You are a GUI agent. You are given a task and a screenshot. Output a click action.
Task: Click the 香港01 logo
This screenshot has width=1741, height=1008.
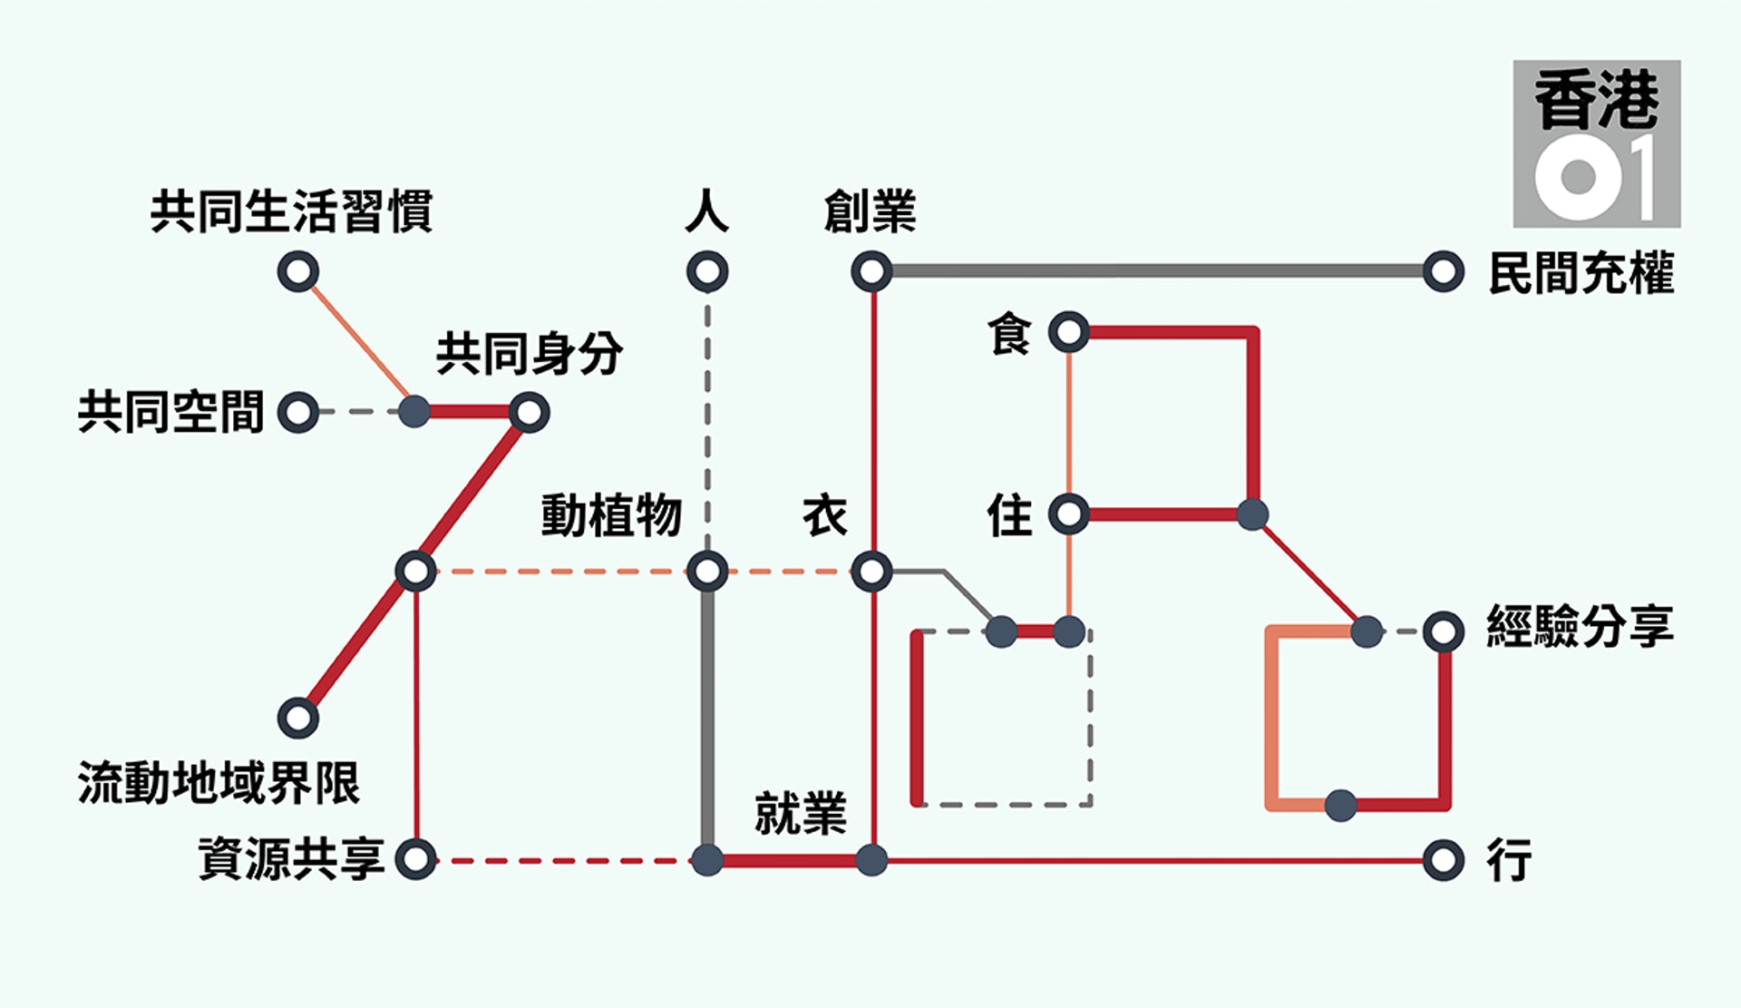click(x=1596, y=143)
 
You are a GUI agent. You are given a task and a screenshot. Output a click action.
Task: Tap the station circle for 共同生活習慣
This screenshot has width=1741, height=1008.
click(x=298, y=271)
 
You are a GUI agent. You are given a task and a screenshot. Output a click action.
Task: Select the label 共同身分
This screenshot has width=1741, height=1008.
click(x=530, y=353)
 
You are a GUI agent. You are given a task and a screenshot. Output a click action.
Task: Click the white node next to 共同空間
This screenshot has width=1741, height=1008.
click(x=298, y=412)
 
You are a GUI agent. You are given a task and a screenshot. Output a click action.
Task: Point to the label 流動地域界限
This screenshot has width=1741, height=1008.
click(x=219, y=782)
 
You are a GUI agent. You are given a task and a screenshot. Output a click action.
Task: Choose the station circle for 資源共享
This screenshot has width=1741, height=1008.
click(x=415, y=859)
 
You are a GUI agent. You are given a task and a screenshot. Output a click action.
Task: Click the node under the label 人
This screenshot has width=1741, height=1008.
click(x=707, y=271)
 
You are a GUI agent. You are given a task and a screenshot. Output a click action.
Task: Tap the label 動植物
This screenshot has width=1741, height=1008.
click(x=611, y=515)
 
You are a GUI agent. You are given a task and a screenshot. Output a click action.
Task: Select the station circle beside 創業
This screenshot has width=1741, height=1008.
click(x=871, y=271)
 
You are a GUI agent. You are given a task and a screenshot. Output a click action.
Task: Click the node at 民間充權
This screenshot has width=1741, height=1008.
click(x=1444, y=271)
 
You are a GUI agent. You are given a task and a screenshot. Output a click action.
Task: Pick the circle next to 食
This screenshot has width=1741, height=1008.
click(x=1069, y=332)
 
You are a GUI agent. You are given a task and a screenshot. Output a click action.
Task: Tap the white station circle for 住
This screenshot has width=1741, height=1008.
click(x=1069, y=514)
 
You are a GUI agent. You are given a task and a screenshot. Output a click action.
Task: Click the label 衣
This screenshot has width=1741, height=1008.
click(x=825, y=515)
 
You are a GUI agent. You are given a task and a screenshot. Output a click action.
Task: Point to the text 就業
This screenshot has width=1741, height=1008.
click(x=801, y=812)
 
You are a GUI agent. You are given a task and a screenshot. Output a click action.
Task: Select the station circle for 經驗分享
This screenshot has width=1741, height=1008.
click(x=1444, y=631)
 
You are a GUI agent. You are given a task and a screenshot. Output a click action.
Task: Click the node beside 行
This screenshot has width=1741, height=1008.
click(x=1444, y=859)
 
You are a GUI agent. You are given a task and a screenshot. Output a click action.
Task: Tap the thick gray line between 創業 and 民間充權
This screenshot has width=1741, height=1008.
click(x=1157, y=270)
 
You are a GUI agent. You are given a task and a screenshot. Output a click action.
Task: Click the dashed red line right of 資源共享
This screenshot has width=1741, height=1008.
click(x=562, y=860)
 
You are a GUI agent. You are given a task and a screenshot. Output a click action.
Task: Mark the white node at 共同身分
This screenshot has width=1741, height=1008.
click(x=530, y=412)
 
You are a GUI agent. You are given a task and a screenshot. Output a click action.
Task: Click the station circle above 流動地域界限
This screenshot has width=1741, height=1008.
click(x=298, y=718)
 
